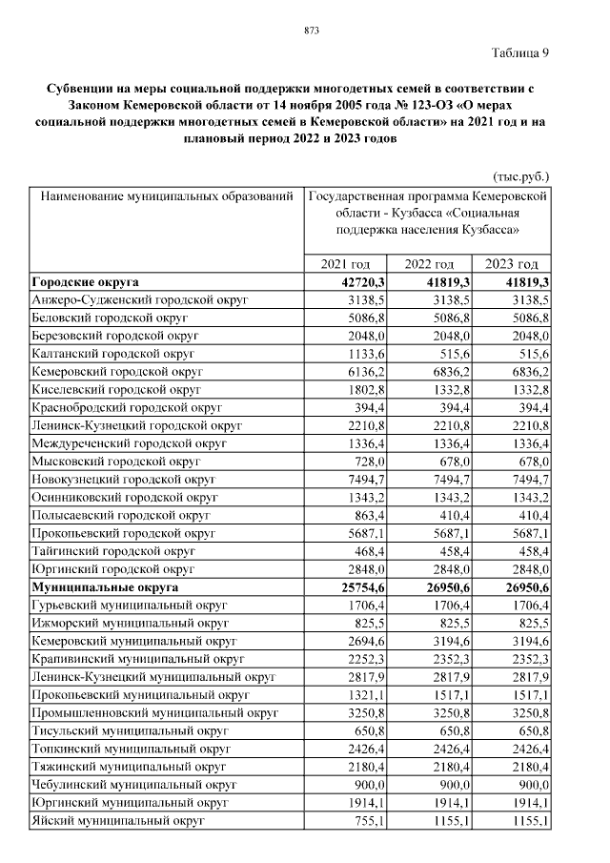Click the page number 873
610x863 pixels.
click(x=311, y=31)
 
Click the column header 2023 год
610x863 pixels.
click(x=512, y=264)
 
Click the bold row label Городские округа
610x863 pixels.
click(x=85, y=282)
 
